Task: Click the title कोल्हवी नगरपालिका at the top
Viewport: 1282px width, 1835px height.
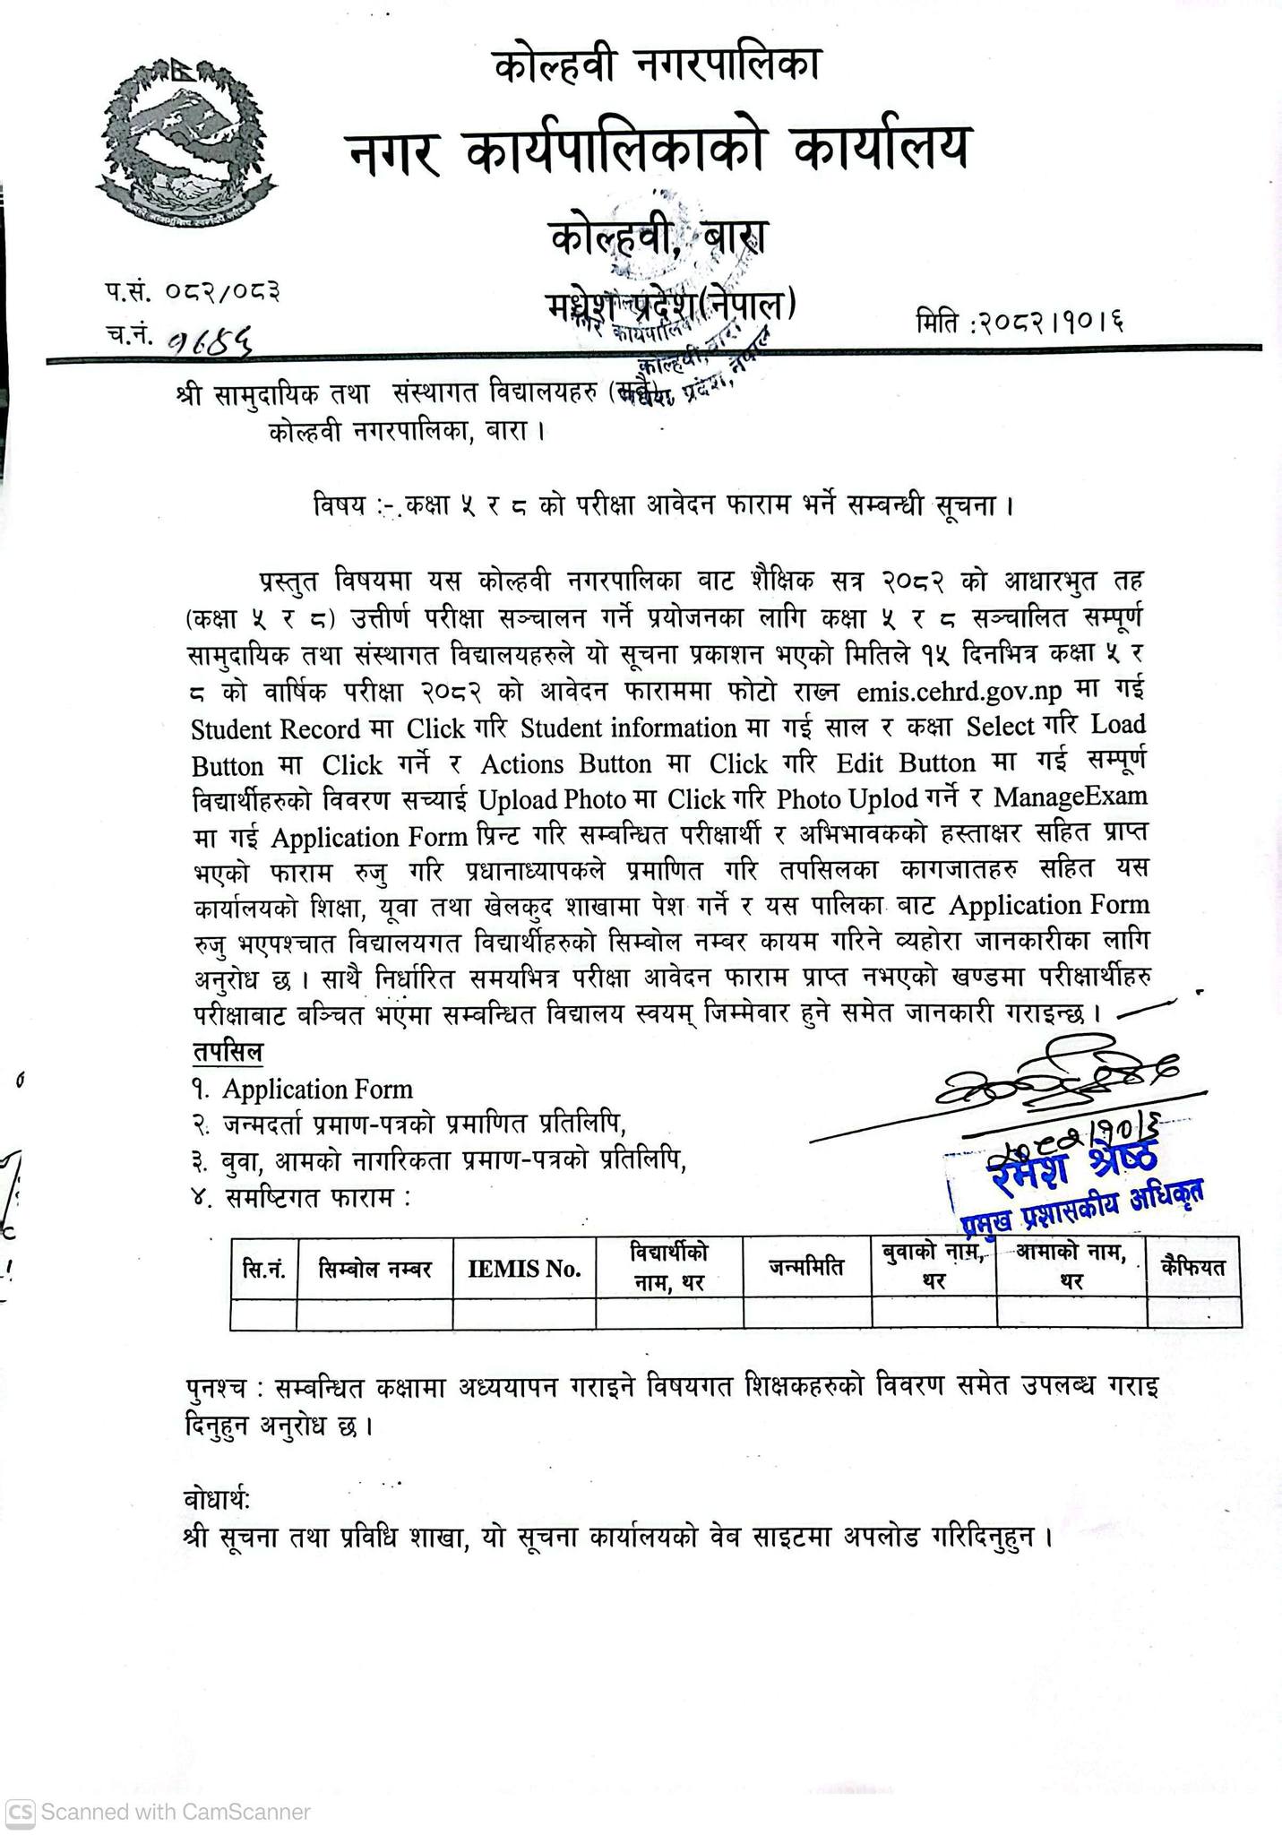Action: (x=657, y=66)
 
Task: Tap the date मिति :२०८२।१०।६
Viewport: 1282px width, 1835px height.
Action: (x=1020, y=321)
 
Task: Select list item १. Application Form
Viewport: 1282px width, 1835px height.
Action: (x=303, y=1090)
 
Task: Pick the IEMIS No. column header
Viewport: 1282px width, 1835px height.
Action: (x=524, y=1269)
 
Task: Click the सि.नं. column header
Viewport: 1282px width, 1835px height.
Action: (x=263, y=1269)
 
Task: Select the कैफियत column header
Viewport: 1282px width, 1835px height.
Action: (x=1192, y=1267)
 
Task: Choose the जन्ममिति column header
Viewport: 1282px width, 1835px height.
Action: (x=806, y=1269)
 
